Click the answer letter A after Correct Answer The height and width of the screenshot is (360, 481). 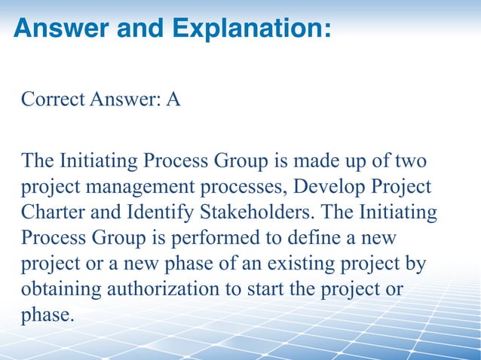pyautogui.click(x=173, y=99)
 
